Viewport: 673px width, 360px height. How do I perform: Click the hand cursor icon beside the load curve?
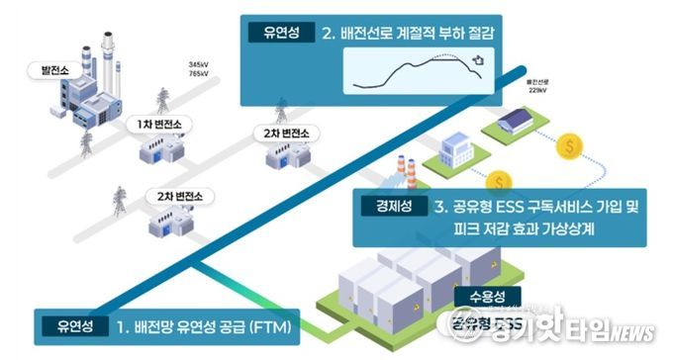478,62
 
